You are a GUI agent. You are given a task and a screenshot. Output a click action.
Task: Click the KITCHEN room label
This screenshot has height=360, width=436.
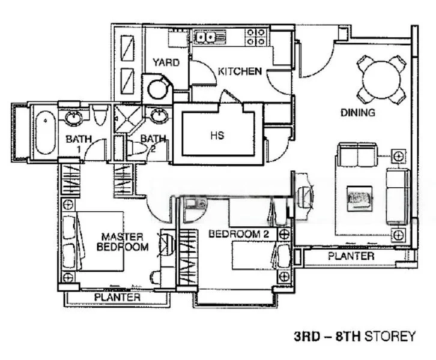tap(240, 71)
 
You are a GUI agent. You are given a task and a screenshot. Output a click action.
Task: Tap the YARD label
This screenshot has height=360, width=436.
tap(165, 62)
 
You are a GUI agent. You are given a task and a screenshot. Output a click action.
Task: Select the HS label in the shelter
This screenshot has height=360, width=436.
tap(217, 136)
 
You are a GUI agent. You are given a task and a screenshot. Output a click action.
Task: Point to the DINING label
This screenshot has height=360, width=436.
tap(358, 112)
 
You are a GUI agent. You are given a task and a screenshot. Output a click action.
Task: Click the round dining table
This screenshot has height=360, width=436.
tap(381, 79)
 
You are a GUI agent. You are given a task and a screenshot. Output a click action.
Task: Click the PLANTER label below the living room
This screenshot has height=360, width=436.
tap(351, 256)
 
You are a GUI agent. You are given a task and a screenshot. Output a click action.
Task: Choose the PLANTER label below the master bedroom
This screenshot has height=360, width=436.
tap(118, 297)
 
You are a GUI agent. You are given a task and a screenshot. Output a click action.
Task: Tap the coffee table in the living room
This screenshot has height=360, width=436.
tap(359, 196)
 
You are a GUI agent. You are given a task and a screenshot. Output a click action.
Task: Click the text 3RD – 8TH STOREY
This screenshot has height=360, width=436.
tap(354, 337)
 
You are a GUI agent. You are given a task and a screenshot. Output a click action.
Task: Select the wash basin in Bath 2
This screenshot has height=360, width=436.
tap(159, 115)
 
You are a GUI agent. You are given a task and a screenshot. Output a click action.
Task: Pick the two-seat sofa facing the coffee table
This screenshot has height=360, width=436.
tap(357, 155)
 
